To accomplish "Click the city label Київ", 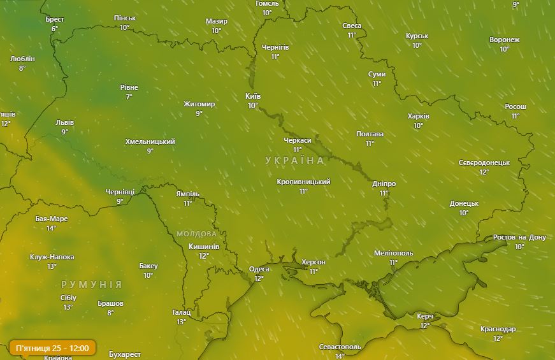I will pos(253,96).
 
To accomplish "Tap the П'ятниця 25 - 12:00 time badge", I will pos(52,348).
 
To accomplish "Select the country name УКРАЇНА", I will pos(295,161).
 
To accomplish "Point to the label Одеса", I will pos(259,269).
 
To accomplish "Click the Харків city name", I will pos(419,117).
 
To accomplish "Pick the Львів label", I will pos(64,122).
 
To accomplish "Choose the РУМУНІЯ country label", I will pos(92,284).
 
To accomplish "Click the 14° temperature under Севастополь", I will pos(340,356).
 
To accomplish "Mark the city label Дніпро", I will pos(384,184).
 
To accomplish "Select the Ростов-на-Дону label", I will pos(519,238).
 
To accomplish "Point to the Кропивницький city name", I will pos(303,182).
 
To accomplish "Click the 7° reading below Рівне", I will pos(129,97).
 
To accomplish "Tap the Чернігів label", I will pos(275,47).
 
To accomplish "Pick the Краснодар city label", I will pos(498,329).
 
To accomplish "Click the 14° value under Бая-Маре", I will pos(51,228).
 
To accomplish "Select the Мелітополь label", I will pos(393,253).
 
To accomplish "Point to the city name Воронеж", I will pos(504,40).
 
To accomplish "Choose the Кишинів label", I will pos(204,247).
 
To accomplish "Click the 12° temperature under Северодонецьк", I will pos(484,172).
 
